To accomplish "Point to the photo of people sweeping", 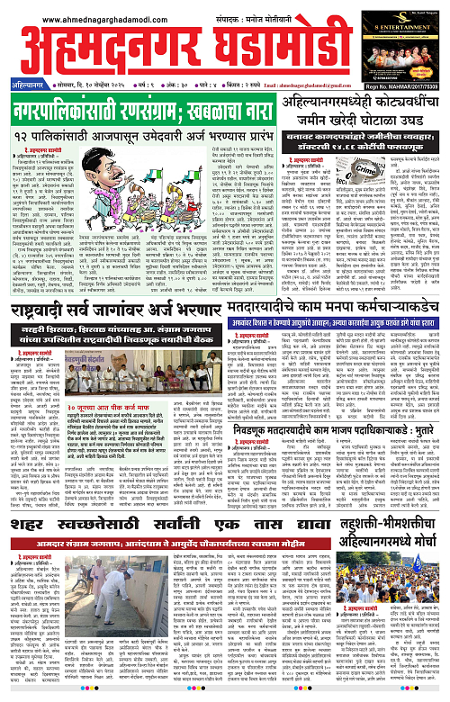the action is (90, 621).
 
